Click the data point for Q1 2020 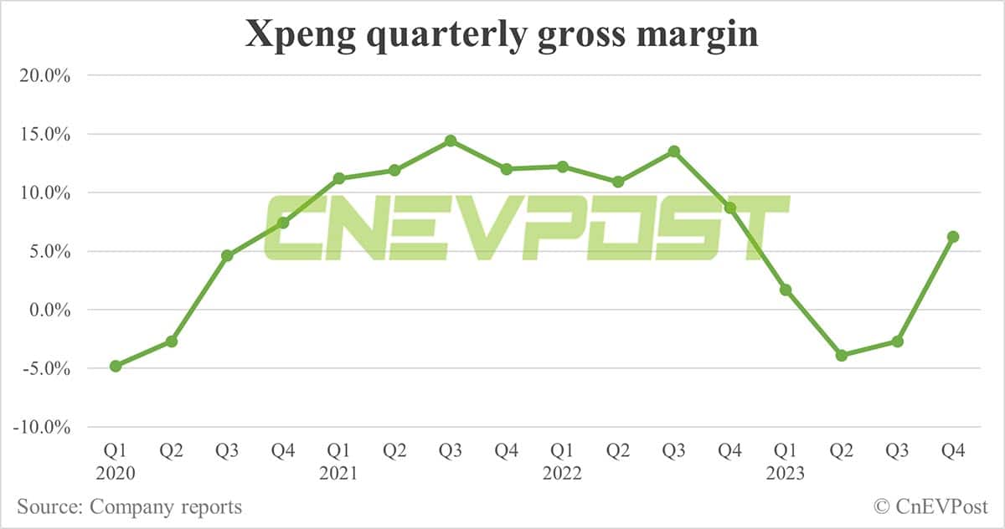[116, 366]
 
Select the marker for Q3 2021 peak [451, 141]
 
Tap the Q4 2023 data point [952, 237]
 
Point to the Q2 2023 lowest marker [841, 356]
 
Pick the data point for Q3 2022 [673, 152]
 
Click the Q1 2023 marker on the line [786, 290]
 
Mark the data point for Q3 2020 [227, 255]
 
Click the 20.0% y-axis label [43, 75]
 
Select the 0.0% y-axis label [46, 310]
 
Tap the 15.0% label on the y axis [43, 134]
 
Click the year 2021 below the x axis [338, 473]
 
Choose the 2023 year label [785, 473]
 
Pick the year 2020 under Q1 [116, 473]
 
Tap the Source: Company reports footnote [130, 506]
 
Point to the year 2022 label [562, 473]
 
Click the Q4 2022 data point [729, 208]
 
